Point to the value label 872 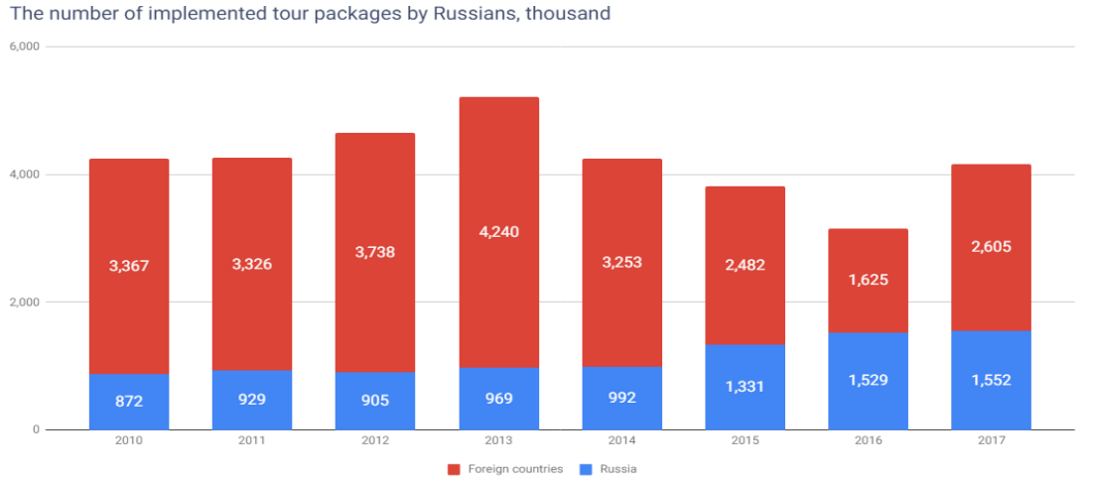click(x=129, y=403)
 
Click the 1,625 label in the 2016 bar click(x=868, y=280)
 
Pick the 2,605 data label click(x=991, y=247)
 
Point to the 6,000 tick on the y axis click(x=24, y=47)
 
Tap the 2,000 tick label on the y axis click(x=24, y=302)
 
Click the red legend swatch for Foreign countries click(x=455, y=468)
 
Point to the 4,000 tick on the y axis click(x=24, y=175)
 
